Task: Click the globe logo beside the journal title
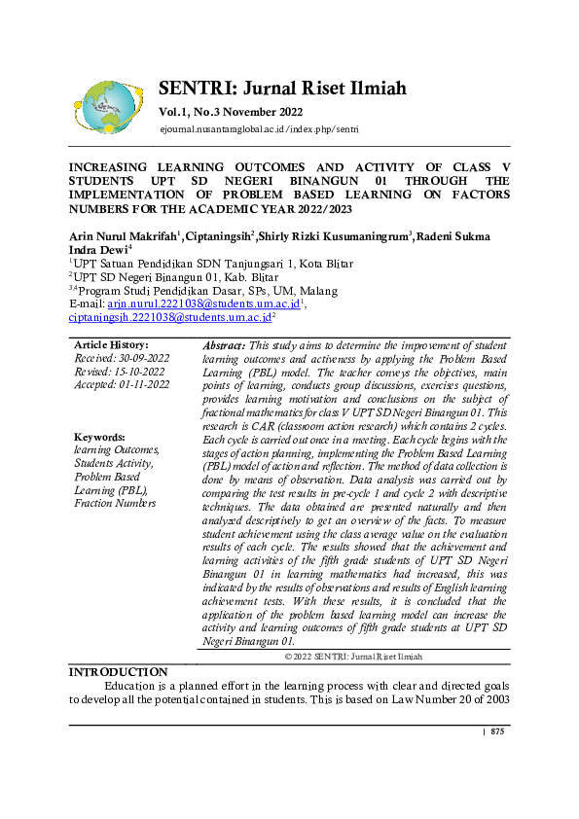point(108,106)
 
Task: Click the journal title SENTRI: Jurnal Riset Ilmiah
point(282,89)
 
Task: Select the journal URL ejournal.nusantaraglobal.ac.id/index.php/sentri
point(259,129)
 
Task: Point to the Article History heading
point(111,345)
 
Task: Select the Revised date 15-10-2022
point(135,372)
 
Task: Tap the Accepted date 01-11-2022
point(142,384)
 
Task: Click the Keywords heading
point(99,438)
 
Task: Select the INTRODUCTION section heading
point(118,672)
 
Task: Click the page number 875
point(497,731)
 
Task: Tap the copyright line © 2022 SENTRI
point(353,658)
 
